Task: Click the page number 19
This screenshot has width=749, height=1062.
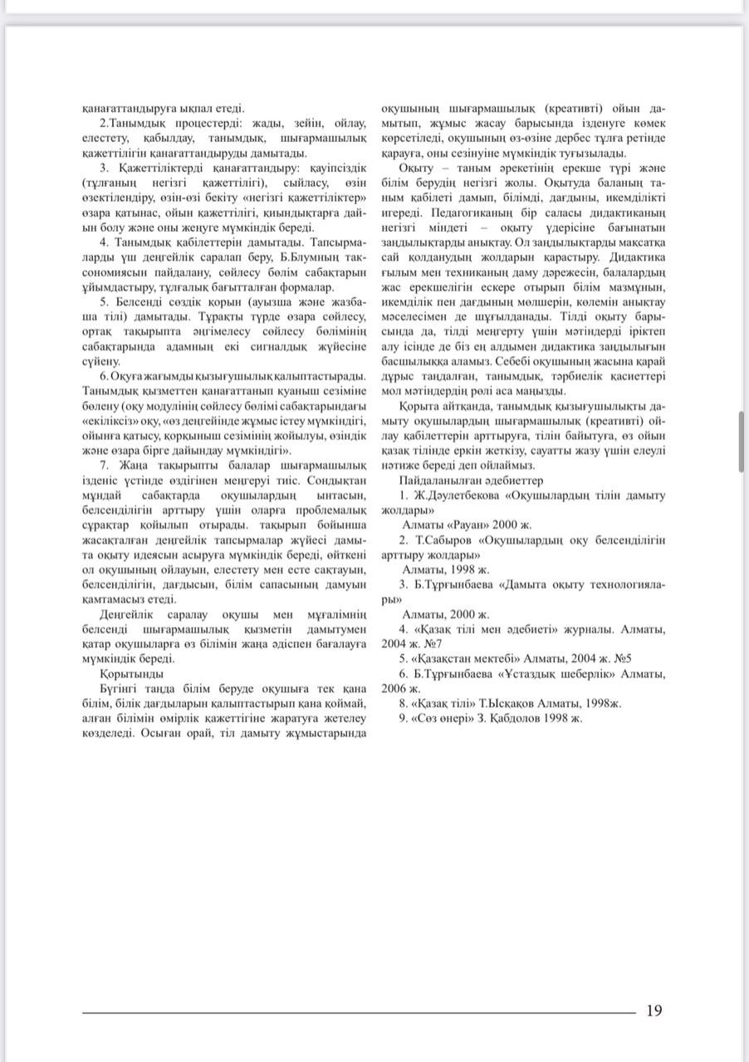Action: (654, 1011)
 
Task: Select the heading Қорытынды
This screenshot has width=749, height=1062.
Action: (131, 673)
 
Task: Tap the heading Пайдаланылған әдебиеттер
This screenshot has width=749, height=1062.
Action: (471, 480)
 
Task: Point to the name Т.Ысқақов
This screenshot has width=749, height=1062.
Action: (507, 703)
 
